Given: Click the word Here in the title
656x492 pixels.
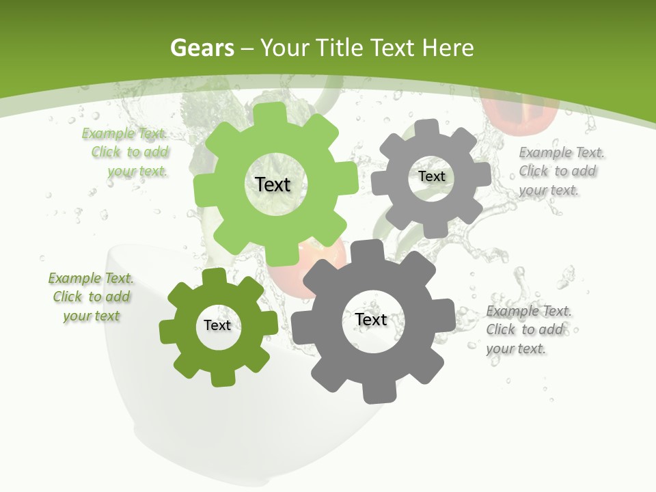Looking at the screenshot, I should [x=448, y=48].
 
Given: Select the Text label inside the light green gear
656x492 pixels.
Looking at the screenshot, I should [x=273, y=184].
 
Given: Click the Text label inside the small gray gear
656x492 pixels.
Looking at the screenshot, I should [x=431, y=176].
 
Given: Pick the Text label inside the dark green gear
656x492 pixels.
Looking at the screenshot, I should [x=217, y=325].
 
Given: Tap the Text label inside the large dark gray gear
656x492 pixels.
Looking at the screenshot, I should [x=371, y=319].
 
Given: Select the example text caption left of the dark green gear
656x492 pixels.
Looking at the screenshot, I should [x=92, y=297].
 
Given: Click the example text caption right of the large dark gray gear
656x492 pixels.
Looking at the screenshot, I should [x=528, y=329].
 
